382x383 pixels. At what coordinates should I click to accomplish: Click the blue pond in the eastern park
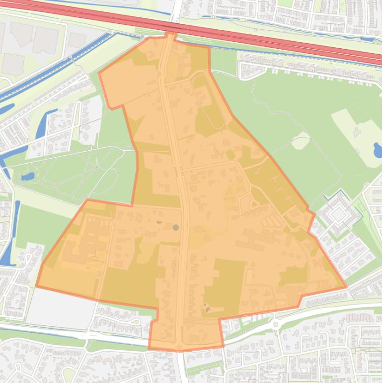click(x=378, y=150)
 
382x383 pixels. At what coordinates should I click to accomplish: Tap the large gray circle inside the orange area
click(x=175, y=227)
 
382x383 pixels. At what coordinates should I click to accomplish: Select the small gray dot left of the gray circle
click(x=159, y=222)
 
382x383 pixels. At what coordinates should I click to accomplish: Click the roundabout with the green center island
click(x=275, y=324)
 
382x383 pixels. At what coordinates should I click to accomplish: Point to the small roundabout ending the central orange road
click(x=179, y=347)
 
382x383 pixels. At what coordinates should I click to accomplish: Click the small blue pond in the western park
click(x=28, y=176)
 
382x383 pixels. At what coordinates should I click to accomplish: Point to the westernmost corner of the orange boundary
click(x=36, y=287)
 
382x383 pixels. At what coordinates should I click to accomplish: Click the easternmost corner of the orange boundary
click(x=346, y=287)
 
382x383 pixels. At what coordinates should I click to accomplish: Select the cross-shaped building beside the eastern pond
click(x=357, y=132)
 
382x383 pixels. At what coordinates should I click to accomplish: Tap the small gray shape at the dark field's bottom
click(x=207, y=309)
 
